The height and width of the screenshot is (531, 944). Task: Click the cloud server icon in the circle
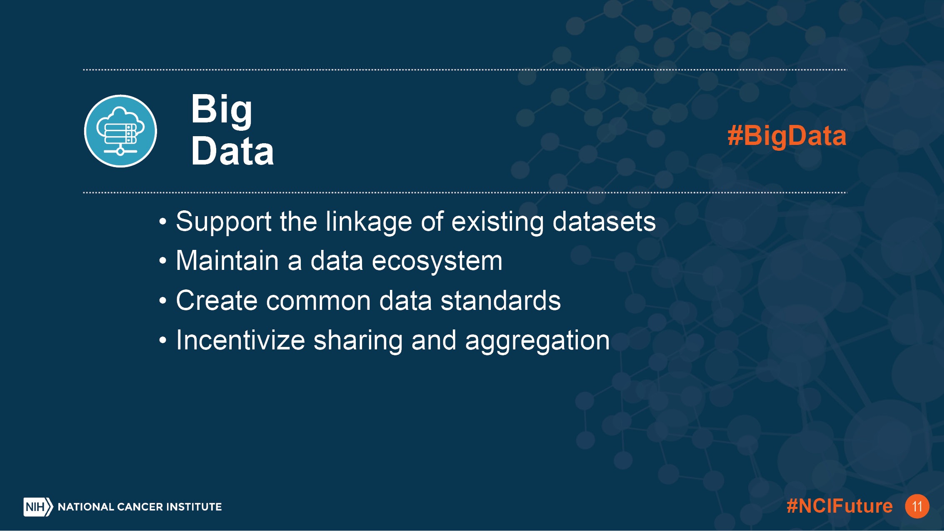tap(120, 131)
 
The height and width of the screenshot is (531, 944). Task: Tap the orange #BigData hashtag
tap(787, 136)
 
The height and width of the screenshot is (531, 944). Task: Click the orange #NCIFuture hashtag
tap(839, 506)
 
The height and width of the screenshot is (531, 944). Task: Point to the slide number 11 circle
tap(917, 506)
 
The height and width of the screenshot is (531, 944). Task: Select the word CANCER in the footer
tap(140, 507)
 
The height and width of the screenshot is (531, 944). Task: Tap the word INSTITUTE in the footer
tap(194, 507)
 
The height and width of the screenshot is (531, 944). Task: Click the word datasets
tap(604, 222)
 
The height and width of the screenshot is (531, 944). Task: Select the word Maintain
tap(227, 261)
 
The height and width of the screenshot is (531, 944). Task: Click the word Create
tap(217, 300)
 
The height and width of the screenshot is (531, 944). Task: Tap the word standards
tap(501, 300)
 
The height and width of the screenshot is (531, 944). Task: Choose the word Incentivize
tap(241, 340)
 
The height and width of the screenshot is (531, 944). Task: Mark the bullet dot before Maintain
tap(163, 262)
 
